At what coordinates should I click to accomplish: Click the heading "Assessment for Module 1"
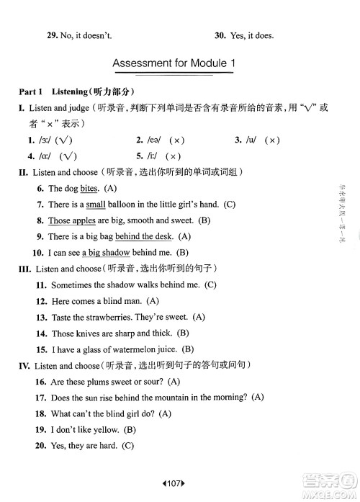click(x=174, y=65)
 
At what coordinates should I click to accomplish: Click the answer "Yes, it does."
click(x=254, y=34)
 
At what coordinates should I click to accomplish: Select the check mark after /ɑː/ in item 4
click(x=69, y=156)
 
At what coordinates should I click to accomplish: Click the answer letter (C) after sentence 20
click(x=128, y=446)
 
